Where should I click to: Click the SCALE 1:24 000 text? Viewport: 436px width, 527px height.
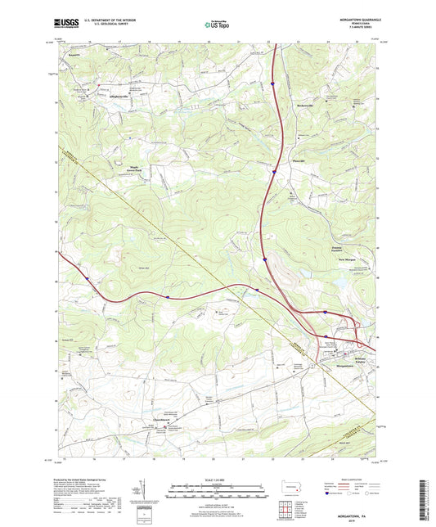tap(217, 480)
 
